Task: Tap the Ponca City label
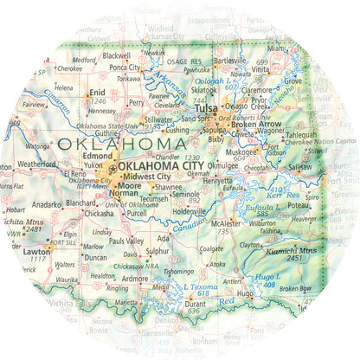125,67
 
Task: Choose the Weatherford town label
36,163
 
